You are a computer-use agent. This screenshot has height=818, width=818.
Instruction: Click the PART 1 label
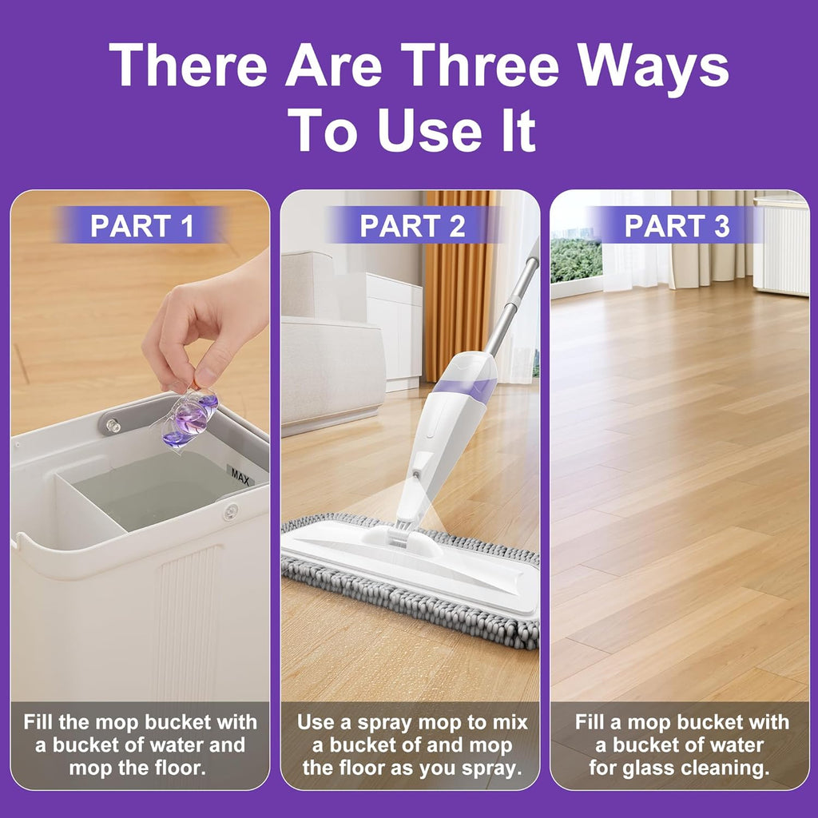pos(141,226)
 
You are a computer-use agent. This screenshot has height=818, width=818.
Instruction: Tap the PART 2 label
pos(412,226)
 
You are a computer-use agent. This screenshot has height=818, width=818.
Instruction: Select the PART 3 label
pos(677,226)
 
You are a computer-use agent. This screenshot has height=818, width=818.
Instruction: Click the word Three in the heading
pos(475,66)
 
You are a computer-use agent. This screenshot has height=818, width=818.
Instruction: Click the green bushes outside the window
pos(575,260)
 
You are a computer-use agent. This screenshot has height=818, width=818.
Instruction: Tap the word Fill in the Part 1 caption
pos(41,723)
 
